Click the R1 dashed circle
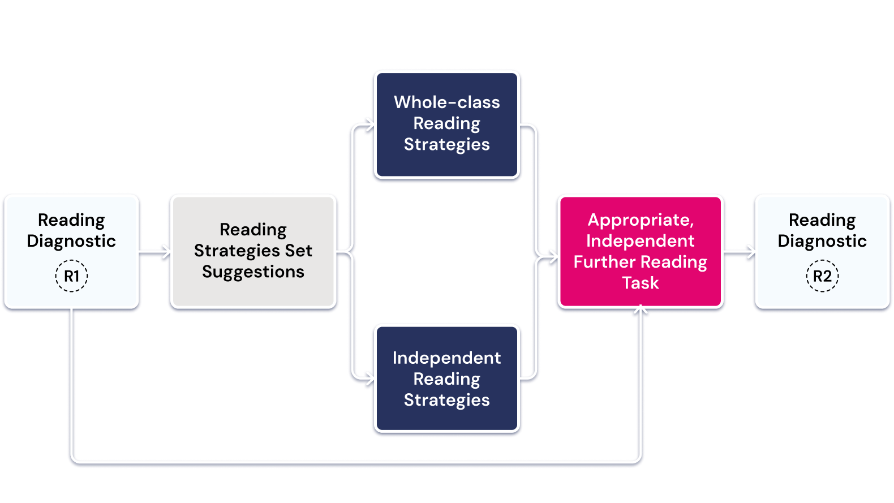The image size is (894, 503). (x=71, y=276)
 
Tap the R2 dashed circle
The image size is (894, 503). (x=822, y=276)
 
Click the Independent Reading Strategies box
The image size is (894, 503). (x=446, y=379)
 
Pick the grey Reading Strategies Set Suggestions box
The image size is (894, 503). (x=253, y=251)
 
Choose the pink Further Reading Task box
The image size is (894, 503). (x=640, y=251)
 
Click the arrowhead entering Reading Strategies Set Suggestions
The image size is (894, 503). (x=165, y=251)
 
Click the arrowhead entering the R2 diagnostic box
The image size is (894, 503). (x=750, y=251)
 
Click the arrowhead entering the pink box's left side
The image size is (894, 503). (x=553, y=258)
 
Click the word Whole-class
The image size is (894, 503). (x=446, y=102)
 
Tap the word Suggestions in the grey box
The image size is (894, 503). (x=253, y=272)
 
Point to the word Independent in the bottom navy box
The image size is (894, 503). (x=446, y=358)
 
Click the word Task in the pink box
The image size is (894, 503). (x=640, y=283)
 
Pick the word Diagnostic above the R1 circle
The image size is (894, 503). (x=71, y=241)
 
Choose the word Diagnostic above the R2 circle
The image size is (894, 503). (x=822, y=241)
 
